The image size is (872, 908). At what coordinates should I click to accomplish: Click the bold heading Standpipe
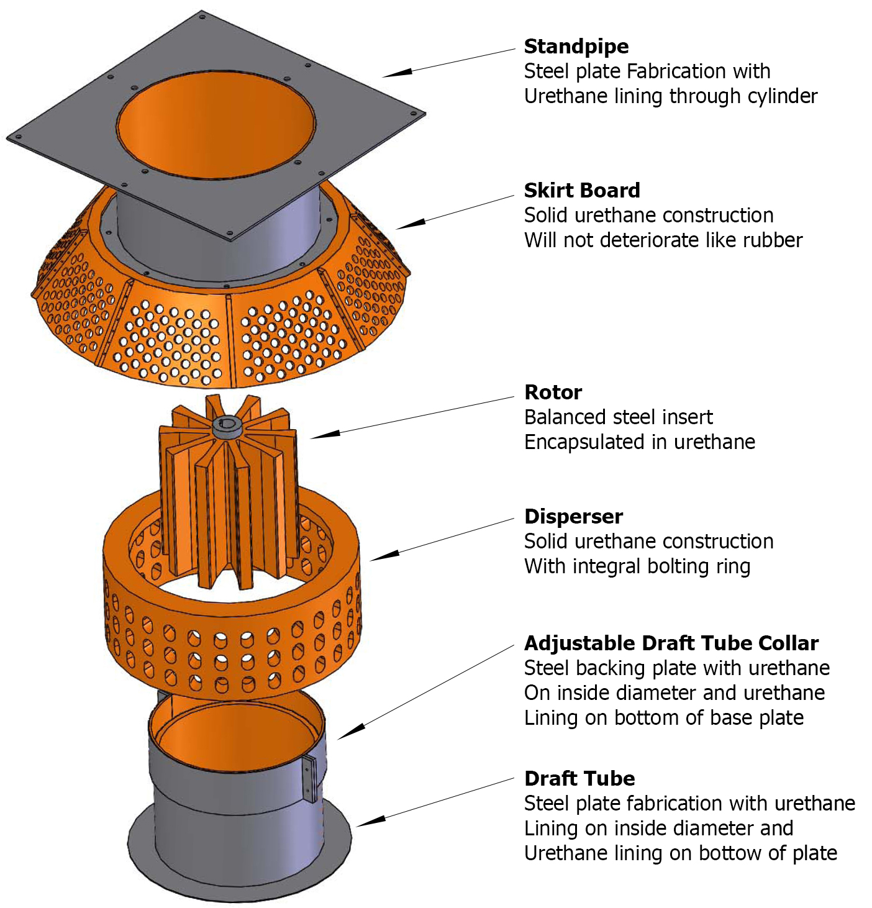(x=576, y=47)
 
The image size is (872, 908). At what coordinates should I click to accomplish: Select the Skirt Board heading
(x=581, y=191)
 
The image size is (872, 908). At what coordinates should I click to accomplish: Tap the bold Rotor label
(x=553, y=393)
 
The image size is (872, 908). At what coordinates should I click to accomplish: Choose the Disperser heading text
(x=573, y=517)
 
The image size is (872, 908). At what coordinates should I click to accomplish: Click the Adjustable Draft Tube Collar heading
(x=671, y=643)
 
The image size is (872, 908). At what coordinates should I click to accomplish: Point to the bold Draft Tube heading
(x=579, y=779)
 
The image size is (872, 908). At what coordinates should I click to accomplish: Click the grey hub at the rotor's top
(x=227, y=427)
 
